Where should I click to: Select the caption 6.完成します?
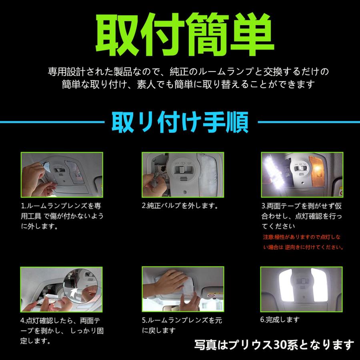(x=280, y=320)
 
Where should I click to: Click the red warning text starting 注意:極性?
(x=303, y=242)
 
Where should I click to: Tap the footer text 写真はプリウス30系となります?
(x=274, y=345)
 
